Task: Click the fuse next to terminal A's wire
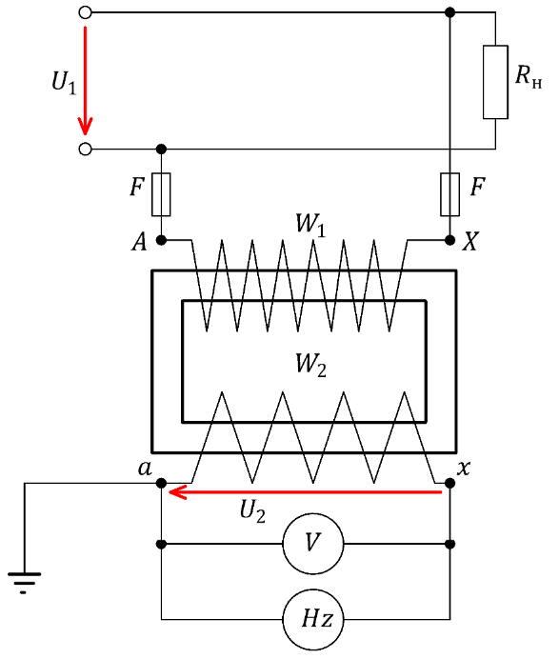(x=161, y=194)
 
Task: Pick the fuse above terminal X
(x=449, y=194)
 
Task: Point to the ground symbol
(x=24, y=582)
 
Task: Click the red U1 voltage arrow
(x=85, y=81)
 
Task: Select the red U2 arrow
(x=305, y=491)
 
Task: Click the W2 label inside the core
(x=310, y=365)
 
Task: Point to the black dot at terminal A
(x=161, y=240)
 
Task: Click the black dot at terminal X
(x=449, y=240)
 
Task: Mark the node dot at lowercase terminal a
(x=161, y=483)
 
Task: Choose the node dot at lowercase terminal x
(x=449, y=483)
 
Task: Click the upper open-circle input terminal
(x=85, y=12)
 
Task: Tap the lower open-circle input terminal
(x=85, y=149)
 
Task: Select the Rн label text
(x=529, y=77)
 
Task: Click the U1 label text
(x=64, y=82)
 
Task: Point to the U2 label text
(x=252, y=512)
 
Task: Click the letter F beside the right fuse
(x=477, y=187)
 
